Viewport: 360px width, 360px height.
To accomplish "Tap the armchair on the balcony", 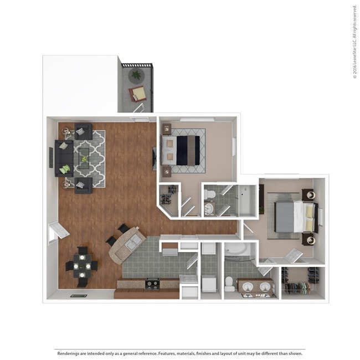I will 138,93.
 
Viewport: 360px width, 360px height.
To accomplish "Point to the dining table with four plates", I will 83,266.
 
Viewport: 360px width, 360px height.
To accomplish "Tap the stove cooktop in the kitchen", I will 153,284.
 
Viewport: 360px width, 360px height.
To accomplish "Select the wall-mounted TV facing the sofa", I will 154,158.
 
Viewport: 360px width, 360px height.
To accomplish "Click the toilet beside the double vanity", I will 229,284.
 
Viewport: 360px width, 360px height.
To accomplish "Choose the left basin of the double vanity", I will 247,287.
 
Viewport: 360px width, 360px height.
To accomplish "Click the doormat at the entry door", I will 78,296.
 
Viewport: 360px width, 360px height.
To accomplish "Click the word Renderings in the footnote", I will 68,353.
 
